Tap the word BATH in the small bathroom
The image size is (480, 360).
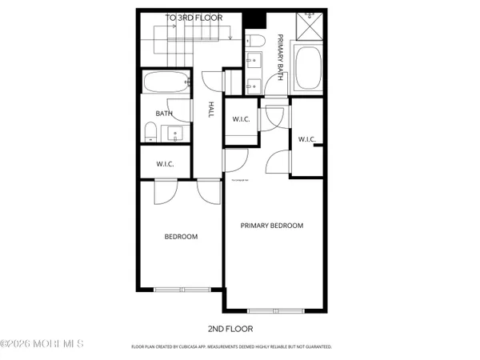coord(164,114)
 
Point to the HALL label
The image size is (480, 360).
coord(211,110)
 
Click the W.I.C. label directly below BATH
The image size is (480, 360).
coord(166,165)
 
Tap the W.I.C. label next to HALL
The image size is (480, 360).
coord(241,120)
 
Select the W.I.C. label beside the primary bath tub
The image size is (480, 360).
coord(306,140)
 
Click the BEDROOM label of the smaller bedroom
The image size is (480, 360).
coord(181,237)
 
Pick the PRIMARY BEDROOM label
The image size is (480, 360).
coord(272,226)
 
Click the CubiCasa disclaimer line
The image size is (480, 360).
coord(231,347)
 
